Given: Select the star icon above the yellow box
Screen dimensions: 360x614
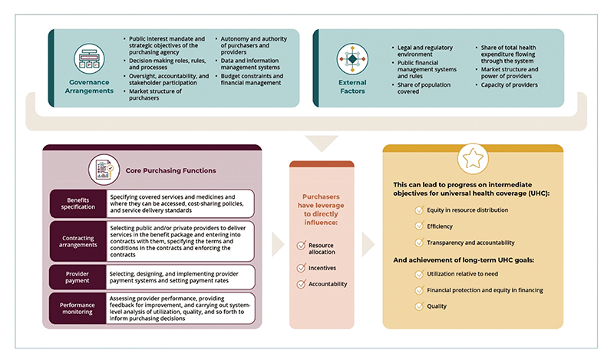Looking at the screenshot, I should [471, 159].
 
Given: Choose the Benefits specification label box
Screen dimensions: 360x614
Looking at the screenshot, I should [77, 203].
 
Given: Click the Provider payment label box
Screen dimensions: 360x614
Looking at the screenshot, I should [77, 275].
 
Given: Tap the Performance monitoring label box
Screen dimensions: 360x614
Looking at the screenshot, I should [77, 309].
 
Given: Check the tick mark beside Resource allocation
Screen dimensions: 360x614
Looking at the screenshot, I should [301, 245].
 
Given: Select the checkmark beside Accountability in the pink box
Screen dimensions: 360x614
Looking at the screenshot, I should [301, 284].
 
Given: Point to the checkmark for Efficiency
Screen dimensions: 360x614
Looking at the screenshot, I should [418, 226].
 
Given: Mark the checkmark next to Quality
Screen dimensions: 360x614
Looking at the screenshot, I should [418, 306].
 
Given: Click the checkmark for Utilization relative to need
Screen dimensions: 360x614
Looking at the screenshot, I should [418, 273].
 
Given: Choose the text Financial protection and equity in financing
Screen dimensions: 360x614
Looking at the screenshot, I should [490, 289].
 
